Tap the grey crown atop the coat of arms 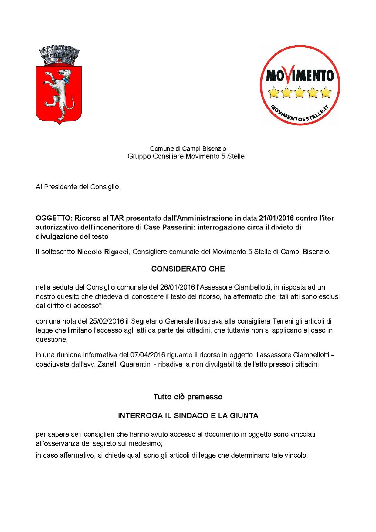coord(59,56)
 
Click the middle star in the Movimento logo coord(300,92)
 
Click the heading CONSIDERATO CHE coord(188,269)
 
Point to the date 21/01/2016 coord(276,218)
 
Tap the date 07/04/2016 coord(148,355)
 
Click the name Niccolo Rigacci coord(103,252)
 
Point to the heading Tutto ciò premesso coord(188,397)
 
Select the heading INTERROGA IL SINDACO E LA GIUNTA coord(188,416)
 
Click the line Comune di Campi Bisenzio coord(188,148)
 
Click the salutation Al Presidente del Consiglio coord(78,187)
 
